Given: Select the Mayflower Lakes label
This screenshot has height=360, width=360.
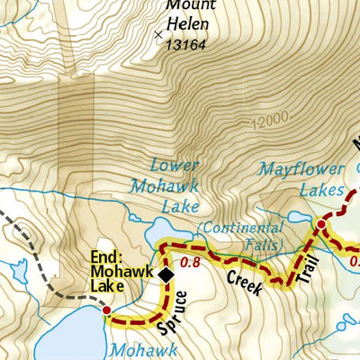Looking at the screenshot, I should click(301, 179).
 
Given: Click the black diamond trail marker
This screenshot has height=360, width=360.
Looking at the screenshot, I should click(166, 274).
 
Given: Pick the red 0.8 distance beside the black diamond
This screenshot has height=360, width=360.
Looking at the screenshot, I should click(190, 264).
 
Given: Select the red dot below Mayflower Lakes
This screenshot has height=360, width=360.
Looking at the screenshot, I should click(320, 223).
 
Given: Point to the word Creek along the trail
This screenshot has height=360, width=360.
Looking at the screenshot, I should click(244, 281).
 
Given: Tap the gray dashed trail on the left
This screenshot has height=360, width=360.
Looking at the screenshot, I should click(36, 260).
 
